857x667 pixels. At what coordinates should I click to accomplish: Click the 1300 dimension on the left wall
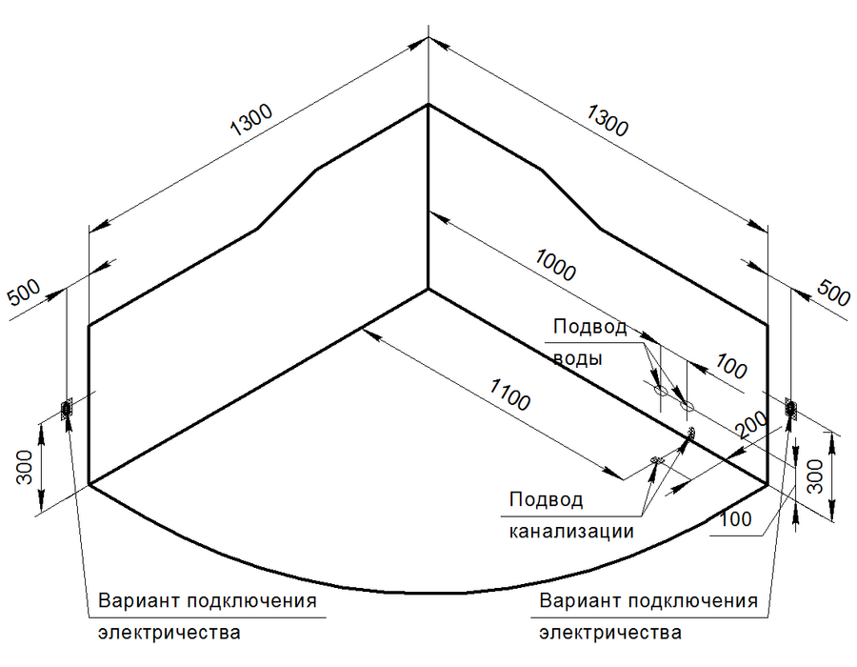point(250,120)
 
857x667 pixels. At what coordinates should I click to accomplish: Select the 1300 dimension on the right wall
point(608,120)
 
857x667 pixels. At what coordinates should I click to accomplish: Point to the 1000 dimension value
point(555,265)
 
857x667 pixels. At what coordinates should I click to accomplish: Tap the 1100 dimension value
point(509,394)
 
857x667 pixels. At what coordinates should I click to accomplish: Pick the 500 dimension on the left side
point(24,293)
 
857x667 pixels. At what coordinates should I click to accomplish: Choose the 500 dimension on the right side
point(833,293)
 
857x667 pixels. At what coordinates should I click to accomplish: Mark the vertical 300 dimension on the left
point(25,468)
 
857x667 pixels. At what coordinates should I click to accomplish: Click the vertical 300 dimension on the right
point(815,475)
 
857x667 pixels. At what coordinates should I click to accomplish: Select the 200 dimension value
point(751,424)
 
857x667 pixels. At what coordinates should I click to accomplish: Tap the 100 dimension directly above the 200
point(730,366)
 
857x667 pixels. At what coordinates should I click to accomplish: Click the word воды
point(578,358)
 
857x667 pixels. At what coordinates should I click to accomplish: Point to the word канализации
point(571,532)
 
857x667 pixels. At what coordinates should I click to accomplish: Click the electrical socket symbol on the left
point(66,409)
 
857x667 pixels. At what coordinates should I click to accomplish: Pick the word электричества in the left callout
point(169,633)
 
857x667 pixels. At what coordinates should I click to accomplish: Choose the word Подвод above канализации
point(546,499)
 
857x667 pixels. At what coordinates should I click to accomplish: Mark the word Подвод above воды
point(590,327)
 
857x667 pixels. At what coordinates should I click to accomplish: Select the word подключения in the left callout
point(252,601)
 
